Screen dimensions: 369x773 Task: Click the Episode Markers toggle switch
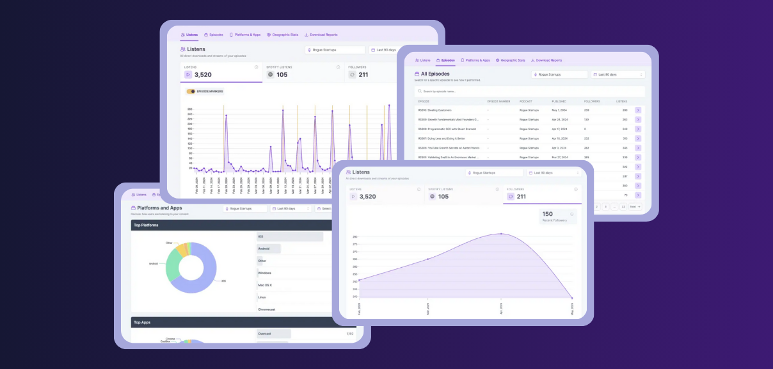click(191, 92)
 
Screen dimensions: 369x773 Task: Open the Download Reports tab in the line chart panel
click(321, 35)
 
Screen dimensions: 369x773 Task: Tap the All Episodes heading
click(435, 74)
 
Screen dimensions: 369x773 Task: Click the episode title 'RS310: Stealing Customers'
click(434, 110)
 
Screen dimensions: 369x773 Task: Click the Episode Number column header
click(498, 101)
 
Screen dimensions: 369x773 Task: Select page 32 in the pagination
click(623, 207)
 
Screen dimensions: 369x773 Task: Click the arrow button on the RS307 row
click(638, 138)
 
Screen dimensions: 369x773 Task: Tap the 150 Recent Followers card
click(558, 217)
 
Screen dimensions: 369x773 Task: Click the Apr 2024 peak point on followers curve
click(501, 234)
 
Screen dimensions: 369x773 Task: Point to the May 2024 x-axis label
click(572, 309)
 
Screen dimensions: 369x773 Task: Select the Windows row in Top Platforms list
click(264, 273)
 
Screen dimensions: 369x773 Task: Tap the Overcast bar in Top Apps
click(273, 334)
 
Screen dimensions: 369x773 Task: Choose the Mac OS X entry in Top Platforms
click(266, 285)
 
